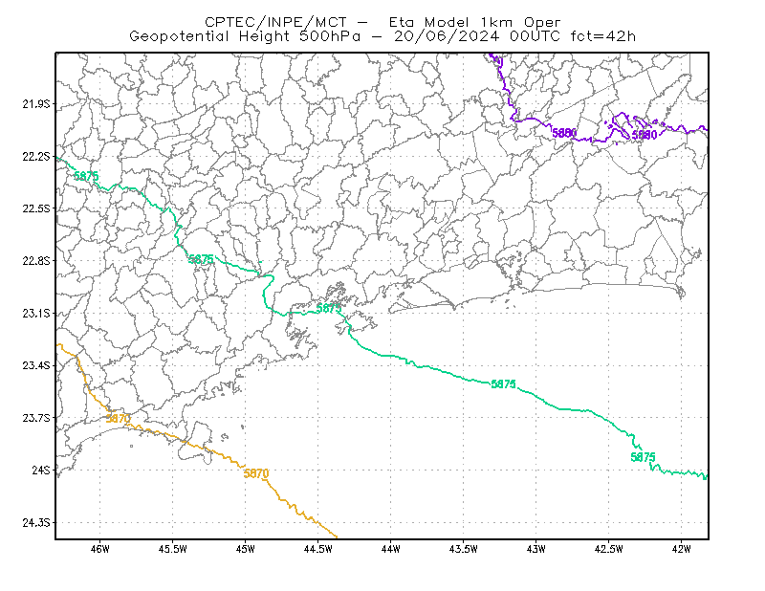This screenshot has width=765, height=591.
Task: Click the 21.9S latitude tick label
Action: (x=36, y=104)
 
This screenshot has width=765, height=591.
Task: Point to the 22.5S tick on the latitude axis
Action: (x=36, y=208)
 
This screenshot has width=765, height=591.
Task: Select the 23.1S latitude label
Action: (x=36, y=313)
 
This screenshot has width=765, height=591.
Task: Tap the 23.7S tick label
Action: (x=36, y=418)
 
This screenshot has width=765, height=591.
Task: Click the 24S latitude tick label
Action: (x=41, y=470)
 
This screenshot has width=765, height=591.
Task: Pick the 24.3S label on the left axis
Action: (x=36, y=522)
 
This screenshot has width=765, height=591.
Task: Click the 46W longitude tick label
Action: (x=100, y=549)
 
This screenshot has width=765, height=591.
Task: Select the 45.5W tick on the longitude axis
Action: (x=173, y=549)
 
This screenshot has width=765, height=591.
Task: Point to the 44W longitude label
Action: (x=391, y=549)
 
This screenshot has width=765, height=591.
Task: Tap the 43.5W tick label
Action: (x=464, y=549)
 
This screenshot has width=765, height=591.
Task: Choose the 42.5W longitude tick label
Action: (x=609, y=549)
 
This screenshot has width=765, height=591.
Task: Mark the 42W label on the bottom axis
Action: (x=681, y=549)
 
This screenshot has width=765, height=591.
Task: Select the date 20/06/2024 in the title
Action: (x=447, y=36)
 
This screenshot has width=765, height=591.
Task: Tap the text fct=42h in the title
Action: (x=603, y=36)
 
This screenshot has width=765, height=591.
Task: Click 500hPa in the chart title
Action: (x=330, y=36)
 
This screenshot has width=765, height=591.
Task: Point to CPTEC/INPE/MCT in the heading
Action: (x=275, y=22)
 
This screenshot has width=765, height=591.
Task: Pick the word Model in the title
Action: (x=447, y=22)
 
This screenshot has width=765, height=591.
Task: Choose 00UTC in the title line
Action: (x=535, y=36)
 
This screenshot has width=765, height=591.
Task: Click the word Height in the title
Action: (x=264, y=36)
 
